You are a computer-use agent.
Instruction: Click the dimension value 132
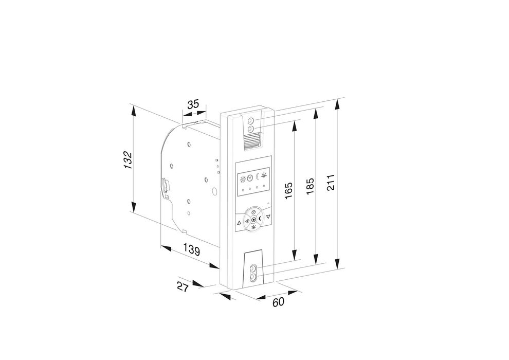tap(129, 160)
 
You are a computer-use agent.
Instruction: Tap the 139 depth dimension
tap(191, 250)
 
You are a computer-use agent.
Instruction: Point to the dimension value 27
tap(183, 287)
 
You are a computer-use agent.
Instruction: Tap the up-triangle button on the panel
tap(239, 223)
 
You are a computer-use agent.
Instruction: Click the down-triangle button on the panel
tap(268, 217)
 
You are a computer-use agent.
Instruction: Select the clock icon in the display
tap(250, 177)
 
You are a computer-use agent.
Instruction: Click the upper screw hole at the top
tap(250, 121)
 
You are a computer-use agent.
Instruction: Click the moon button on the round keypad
tap(260, 220)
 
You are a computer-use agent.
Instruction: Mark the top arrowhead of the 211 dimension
tap(337, 102)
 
